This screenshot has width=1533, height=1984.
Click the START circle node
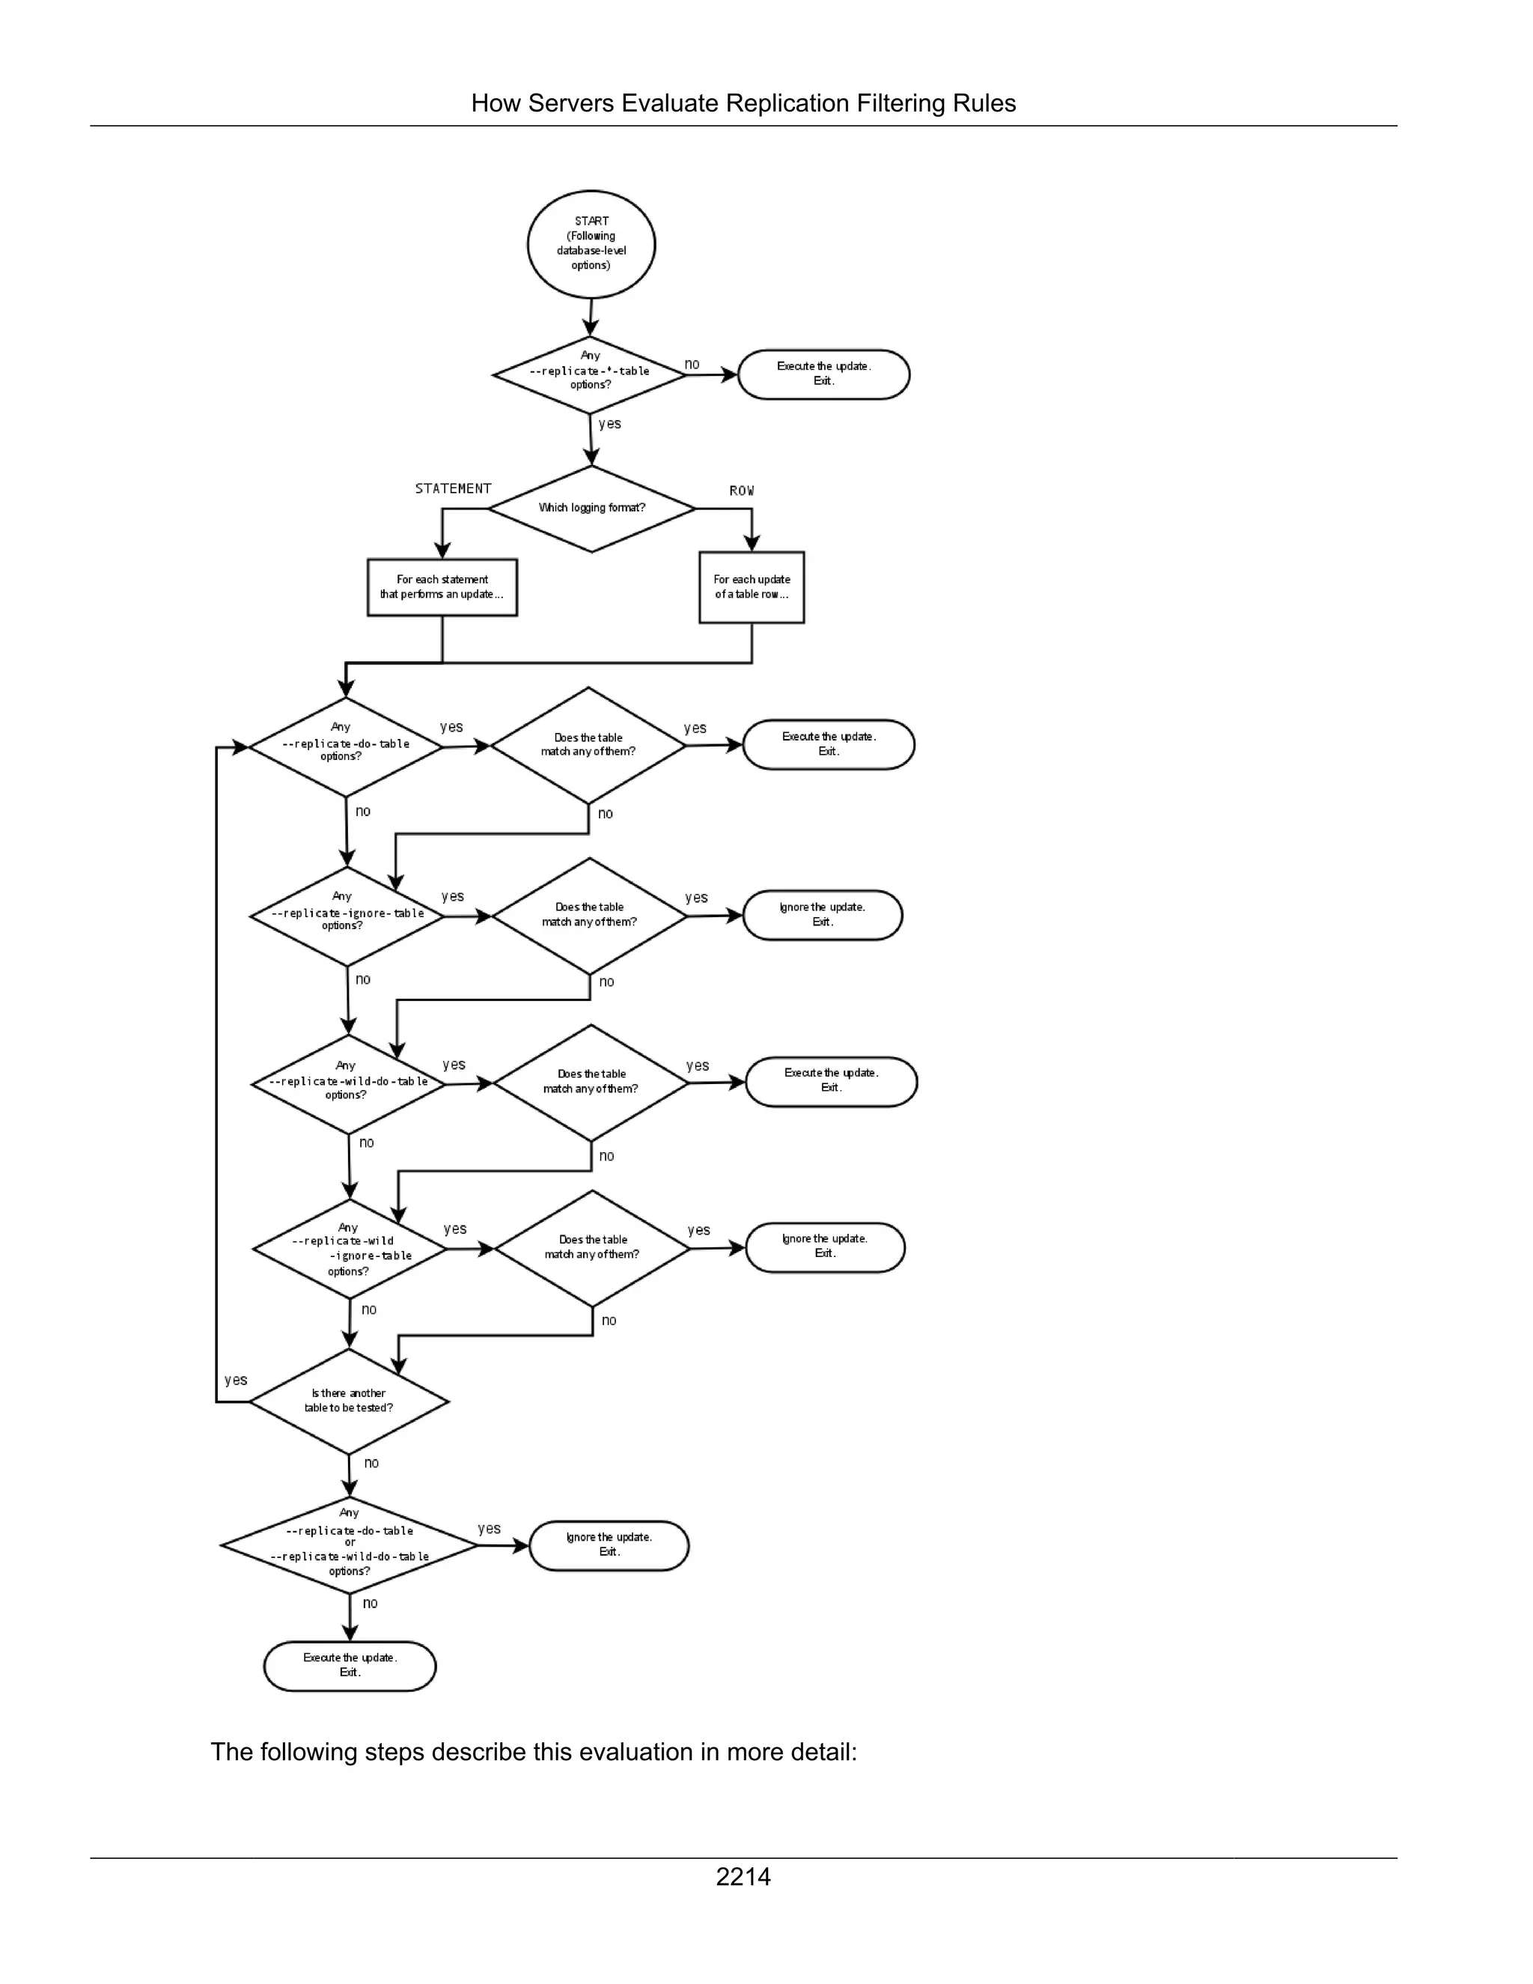591,244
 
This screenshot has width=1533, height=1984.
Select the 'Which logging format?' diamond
591,508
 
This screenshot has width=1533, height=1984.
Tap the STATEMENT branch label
453,489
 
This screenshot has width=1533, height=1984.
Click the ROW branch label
741,490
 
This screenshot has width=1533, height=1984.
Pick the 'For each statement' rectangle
442,587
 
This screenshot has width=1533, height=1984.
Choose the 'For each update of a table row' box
751,587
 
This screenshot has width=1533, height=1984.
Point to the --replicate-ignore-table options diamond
347,916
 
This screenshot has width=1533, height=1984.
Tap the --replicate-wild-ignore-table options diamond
350,1249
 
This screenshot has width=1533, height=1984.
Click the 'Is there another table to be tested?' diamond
349,1401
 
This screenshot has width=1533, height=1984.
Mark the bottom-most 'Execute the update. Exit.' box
350,1665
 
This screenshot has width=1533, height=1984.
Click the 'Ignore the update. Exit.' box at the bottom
609,1545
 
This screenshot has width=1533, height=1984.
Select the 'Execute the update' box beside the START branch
823,374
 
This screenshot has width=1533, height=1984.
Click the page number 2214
743,1877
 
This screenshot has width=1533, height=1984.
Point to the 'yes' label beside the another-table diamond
236,1380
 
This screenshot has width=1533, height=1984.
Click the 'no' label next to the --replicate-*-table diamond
692,365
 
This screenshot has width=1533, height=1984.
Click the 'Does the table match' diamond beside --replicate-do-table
588,745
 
